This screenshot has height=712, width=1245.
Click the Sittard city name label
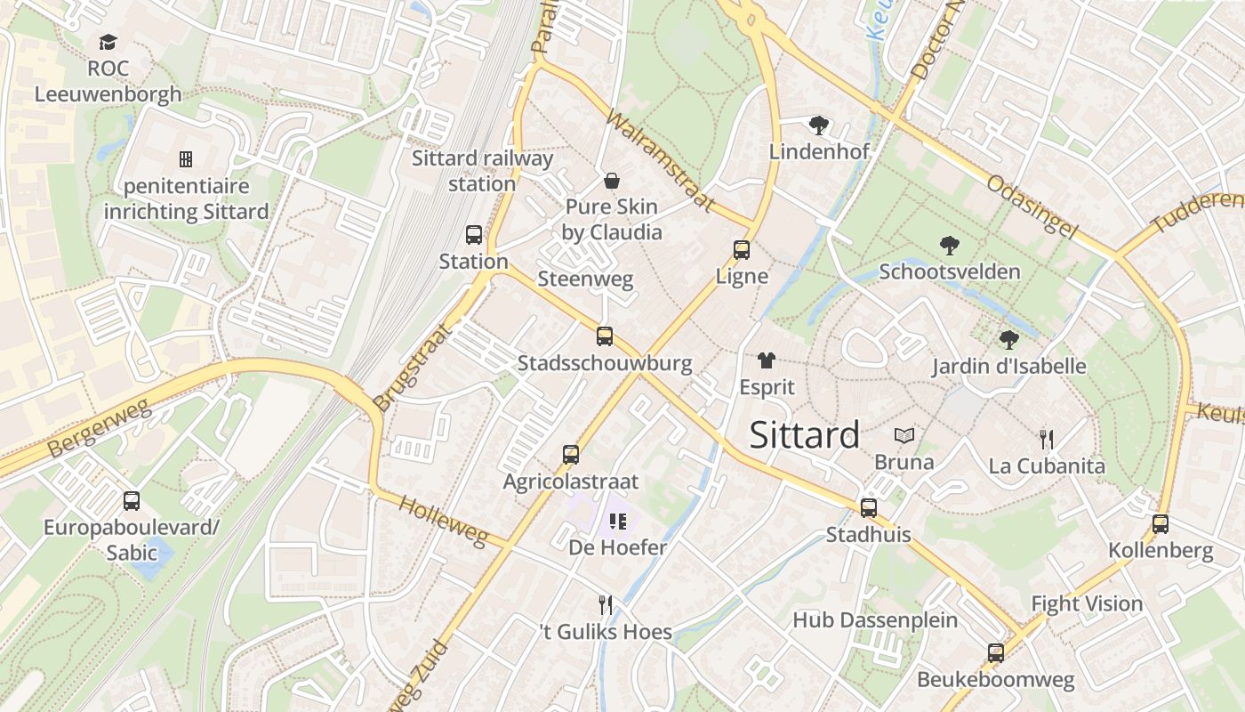pos(804,435)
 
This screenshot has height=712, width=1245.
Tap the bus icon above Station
pos(474,235)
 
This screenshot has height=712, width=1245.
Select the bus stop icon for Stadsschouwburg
pos(605,336)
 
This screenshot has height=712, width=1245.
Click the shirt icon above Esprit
pos(766,360)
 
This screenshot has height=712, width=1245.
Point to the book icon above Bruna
pos(904,436)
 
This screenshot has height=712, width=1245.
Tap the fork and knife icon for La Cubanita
pos(1047,439)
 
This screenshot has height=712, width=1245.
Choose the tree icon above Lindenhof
pos(818,125)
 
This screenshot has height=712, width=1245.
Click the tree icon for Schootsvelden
pos(949,245)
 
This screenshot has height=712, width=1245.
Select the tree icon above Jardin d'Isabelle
pos(1008,339)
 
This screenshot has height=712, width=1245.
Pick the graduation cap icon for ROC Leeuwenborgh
pos(108,42)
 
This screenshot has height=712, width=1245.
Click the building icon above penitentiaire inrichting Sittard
pos(186,159)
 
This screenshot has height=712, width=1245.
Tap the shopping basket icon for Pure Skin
pos(612,182)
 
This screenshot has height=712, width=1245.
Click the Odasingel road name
pos(1032,206)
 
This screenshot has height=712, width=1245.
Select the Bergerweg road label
pos(99,429)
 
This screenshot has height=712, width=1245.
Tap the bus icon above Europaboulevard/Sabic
pos(132,501)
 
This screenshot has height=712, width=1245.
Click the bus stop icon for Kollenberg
pos(1160,524)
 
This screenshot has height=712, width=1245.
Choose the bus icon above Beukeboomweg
pos(995,653)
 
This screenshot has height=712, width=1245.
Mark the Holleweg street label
pos(443,521)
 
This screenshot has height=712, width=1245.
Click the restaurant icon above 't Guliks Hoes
pos(606,605)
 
